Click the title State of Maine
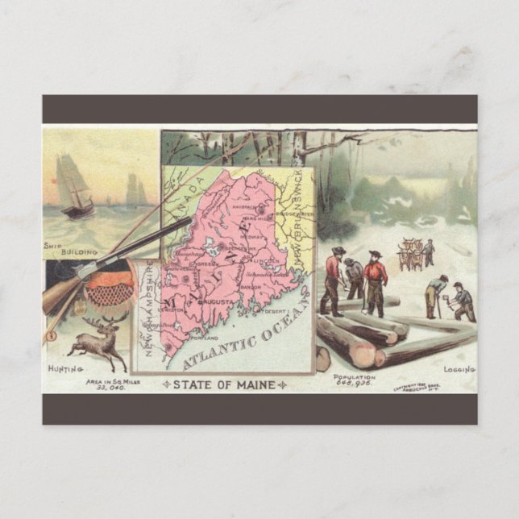224,384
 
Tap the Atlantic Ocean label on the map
242,336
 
